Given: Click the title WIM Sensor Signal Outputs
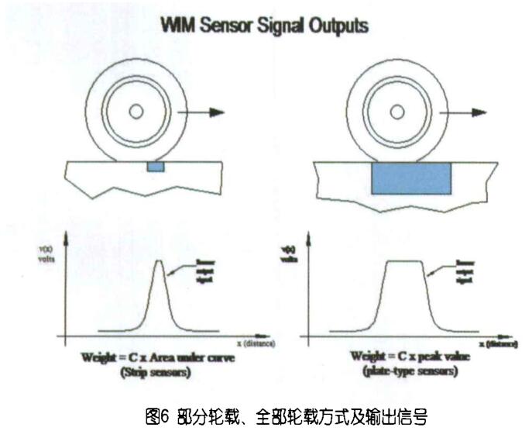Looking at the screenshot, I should [x=263, y=26].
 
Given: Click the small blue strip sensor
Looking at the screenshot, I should [x=156, y=167].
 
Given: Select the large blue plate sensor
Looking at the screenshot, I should [x=410, y=178].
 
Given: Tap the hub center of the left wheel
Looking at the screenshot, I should [x=137, y=112].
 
